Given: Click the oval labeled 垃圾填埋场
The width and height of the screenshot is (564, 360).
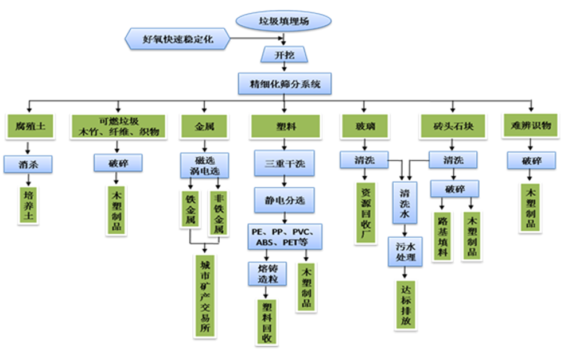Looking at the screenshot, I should click(x=283, y=22).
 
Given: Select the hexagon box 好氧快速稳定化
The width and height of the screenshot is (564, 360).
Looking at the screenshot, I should click(x=177, y=40).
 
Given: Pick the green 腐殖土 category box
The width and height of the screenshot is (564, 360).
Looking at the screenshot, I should click(x=29, y=126).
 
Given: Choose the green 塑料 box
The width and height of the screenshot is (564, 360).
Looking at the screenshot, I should click(x=285, y=126).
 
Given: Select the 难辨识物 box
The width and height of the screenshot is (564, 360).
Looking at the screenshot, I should click(x=531, y=126).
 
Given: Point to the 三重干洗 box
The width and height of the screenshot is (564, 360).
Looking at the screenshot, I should click(x=285, y=164).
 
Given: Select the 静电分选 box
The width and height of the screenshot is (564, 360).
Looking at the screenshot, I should click(x=285, y=200).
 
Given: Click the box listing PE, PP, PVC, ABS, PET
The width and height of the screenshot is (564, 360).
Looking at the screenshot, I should click(x=285, y=237).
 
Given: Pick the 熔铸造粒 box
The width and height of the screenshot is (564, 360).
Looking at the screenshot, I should click(x=263, y=273).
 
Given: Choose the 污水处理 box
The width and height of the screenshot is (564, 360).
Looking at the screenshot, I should click(x=405, y=251).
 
